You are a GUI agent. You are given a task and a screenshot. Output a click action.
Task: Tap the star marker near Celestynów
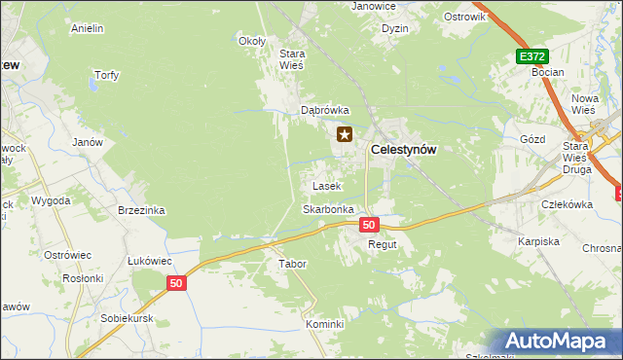[345, 135]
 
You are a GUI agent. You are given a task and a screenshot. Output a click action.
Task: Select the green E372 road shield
[532, 57]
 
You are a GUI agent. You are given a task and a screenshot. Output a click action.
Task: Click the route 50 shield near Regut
[368, 225]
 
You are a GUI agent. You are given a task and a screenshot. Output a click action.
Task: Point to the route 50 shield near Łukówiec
[175, 283]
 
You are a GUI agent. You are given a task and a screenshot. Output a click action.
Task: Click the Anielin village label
[88, 29]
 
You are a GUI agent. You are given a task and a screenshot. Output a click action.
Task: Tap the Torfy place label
[105, 75]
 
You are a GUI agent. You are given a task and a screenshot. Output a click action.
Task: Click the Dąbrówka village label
[324, 111]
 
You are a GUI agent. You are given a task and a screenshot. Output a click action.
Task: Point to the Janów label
[88, 142]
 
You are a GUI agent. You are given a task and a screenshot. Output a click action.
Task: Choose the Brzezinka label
[141, 210]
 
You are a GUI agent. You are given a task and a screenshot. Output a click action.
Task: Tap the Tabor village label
[292, 265]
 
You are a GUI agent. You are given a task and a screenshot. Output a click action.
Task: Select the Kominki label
[325, 324]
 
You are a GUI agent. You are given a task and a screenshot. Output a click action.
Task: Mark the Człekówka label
[568, 204]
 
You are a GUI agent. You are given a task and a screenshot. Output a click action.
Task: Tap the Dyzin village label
[395, 29]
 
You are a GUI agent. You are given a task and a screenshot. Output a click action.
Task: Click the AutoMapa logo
[557, 342]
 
